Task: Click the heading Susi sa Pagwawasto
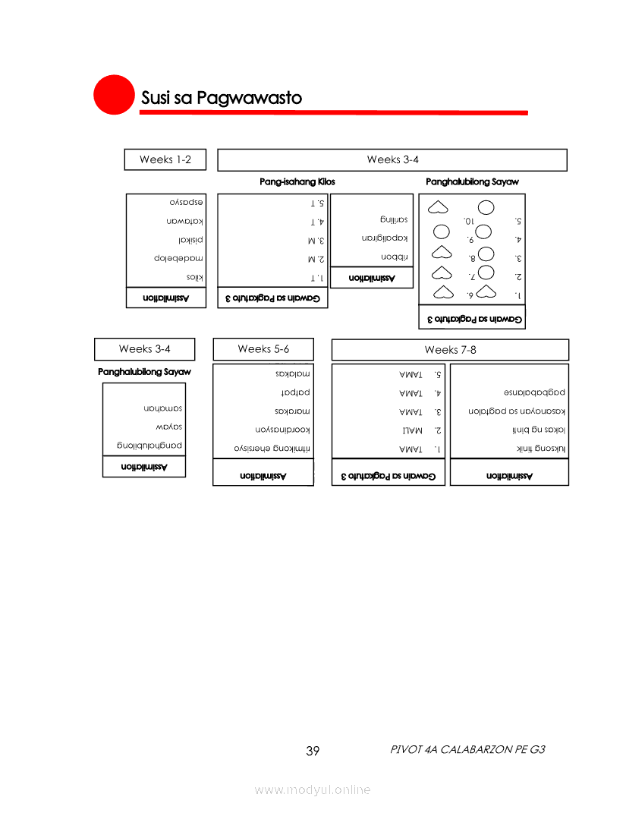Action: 221,99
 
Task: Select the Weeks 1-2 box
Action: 162,159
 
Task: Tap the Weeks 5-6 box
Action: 263,349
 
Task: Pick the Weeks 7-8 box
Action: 450,350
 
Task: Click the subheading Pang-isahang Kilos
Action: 297,182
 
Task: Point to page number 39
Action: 313,751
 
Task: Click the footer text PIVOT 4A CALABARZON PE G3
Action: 467,749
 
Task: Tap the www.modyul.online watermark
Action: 313,789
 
